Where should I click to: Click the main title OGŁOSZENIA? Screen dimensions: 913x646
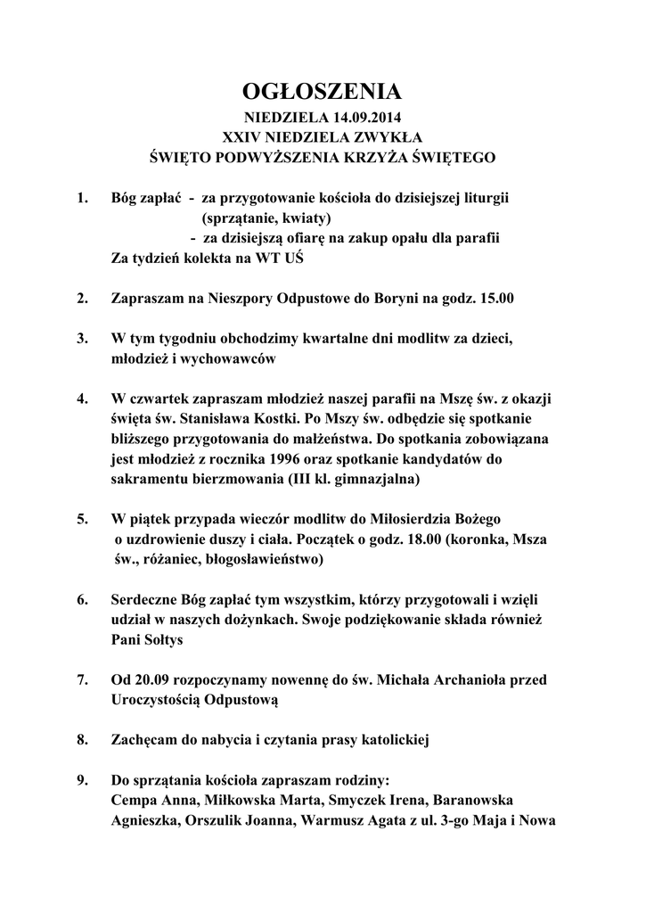click(323, 92)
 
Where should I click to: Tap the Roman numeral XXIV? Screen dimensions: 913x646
click(239, 137)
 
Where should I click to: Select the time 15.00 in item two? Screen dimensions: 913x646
click(496, 299)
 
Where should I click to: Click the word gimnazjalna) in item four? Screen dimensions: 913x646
click(380, 480)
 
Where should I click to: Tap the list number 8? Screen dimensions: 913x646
click(82, 740)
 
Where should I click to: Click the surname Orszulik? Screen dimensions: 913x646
click(216, 821)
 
